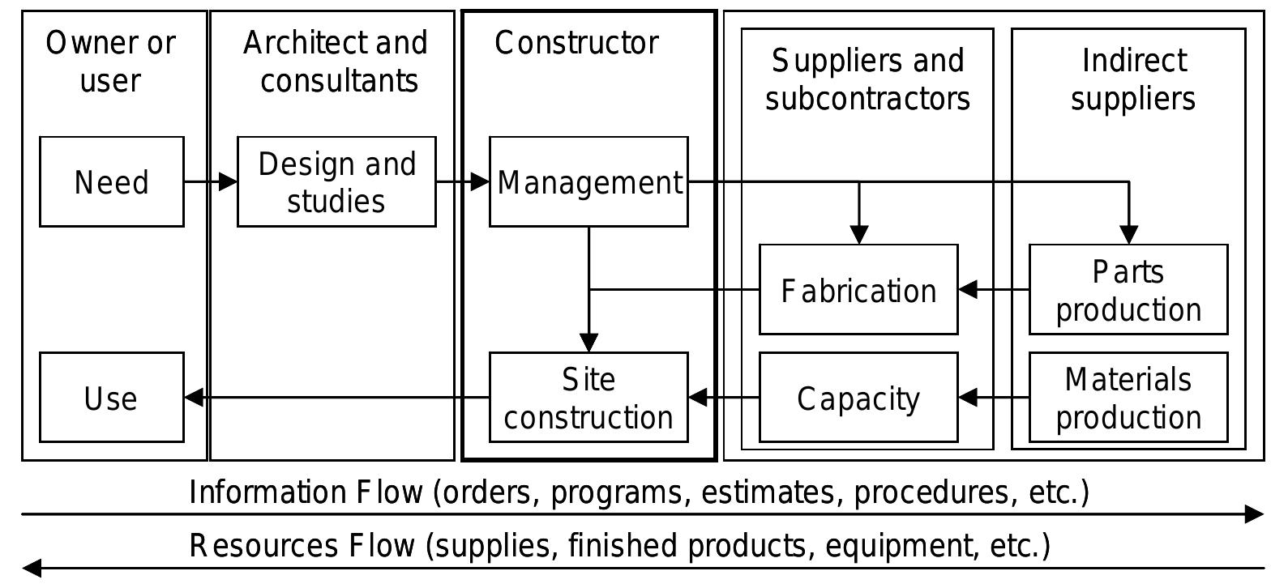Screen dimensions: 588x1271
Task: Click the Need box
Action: click(x=112, y=181)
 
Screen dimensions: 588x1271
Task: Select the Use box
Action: click(x=112, y=398)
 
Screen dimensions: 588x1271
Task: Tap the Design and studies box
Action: click(x=336, y=181)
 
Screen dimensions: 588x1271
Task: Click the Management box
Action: click(x=588, y=181)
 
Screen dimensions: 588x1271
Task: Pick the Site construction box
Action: click(x=588, y=398)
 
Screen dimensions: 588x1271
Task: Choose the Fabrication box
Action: click(x=858, y=289)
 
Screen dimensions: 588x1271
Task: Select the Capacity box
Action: click(x=858, y=398)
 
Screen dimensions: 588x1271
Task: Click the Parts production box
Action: click(x=1128, y=289)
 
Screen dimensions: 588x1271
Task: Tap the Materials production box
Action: click(x=1128, y=398)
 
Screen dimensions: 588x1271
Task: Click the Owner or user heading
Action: click(x=111, y=62)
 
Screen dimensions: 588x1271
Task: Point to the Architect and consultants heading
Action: click(x=336, y=62)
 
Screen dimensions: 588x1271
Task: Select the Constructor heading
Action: click(x=576, y=43)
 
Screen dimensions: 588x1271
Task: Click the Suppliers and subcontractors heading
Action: click(x=867, y=79)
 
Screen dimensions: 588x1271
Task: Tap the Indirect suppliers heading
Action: click(x=1132, y=79)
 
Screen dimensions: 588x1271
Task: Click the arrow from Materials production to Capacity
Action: click(x=994, y=398)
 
